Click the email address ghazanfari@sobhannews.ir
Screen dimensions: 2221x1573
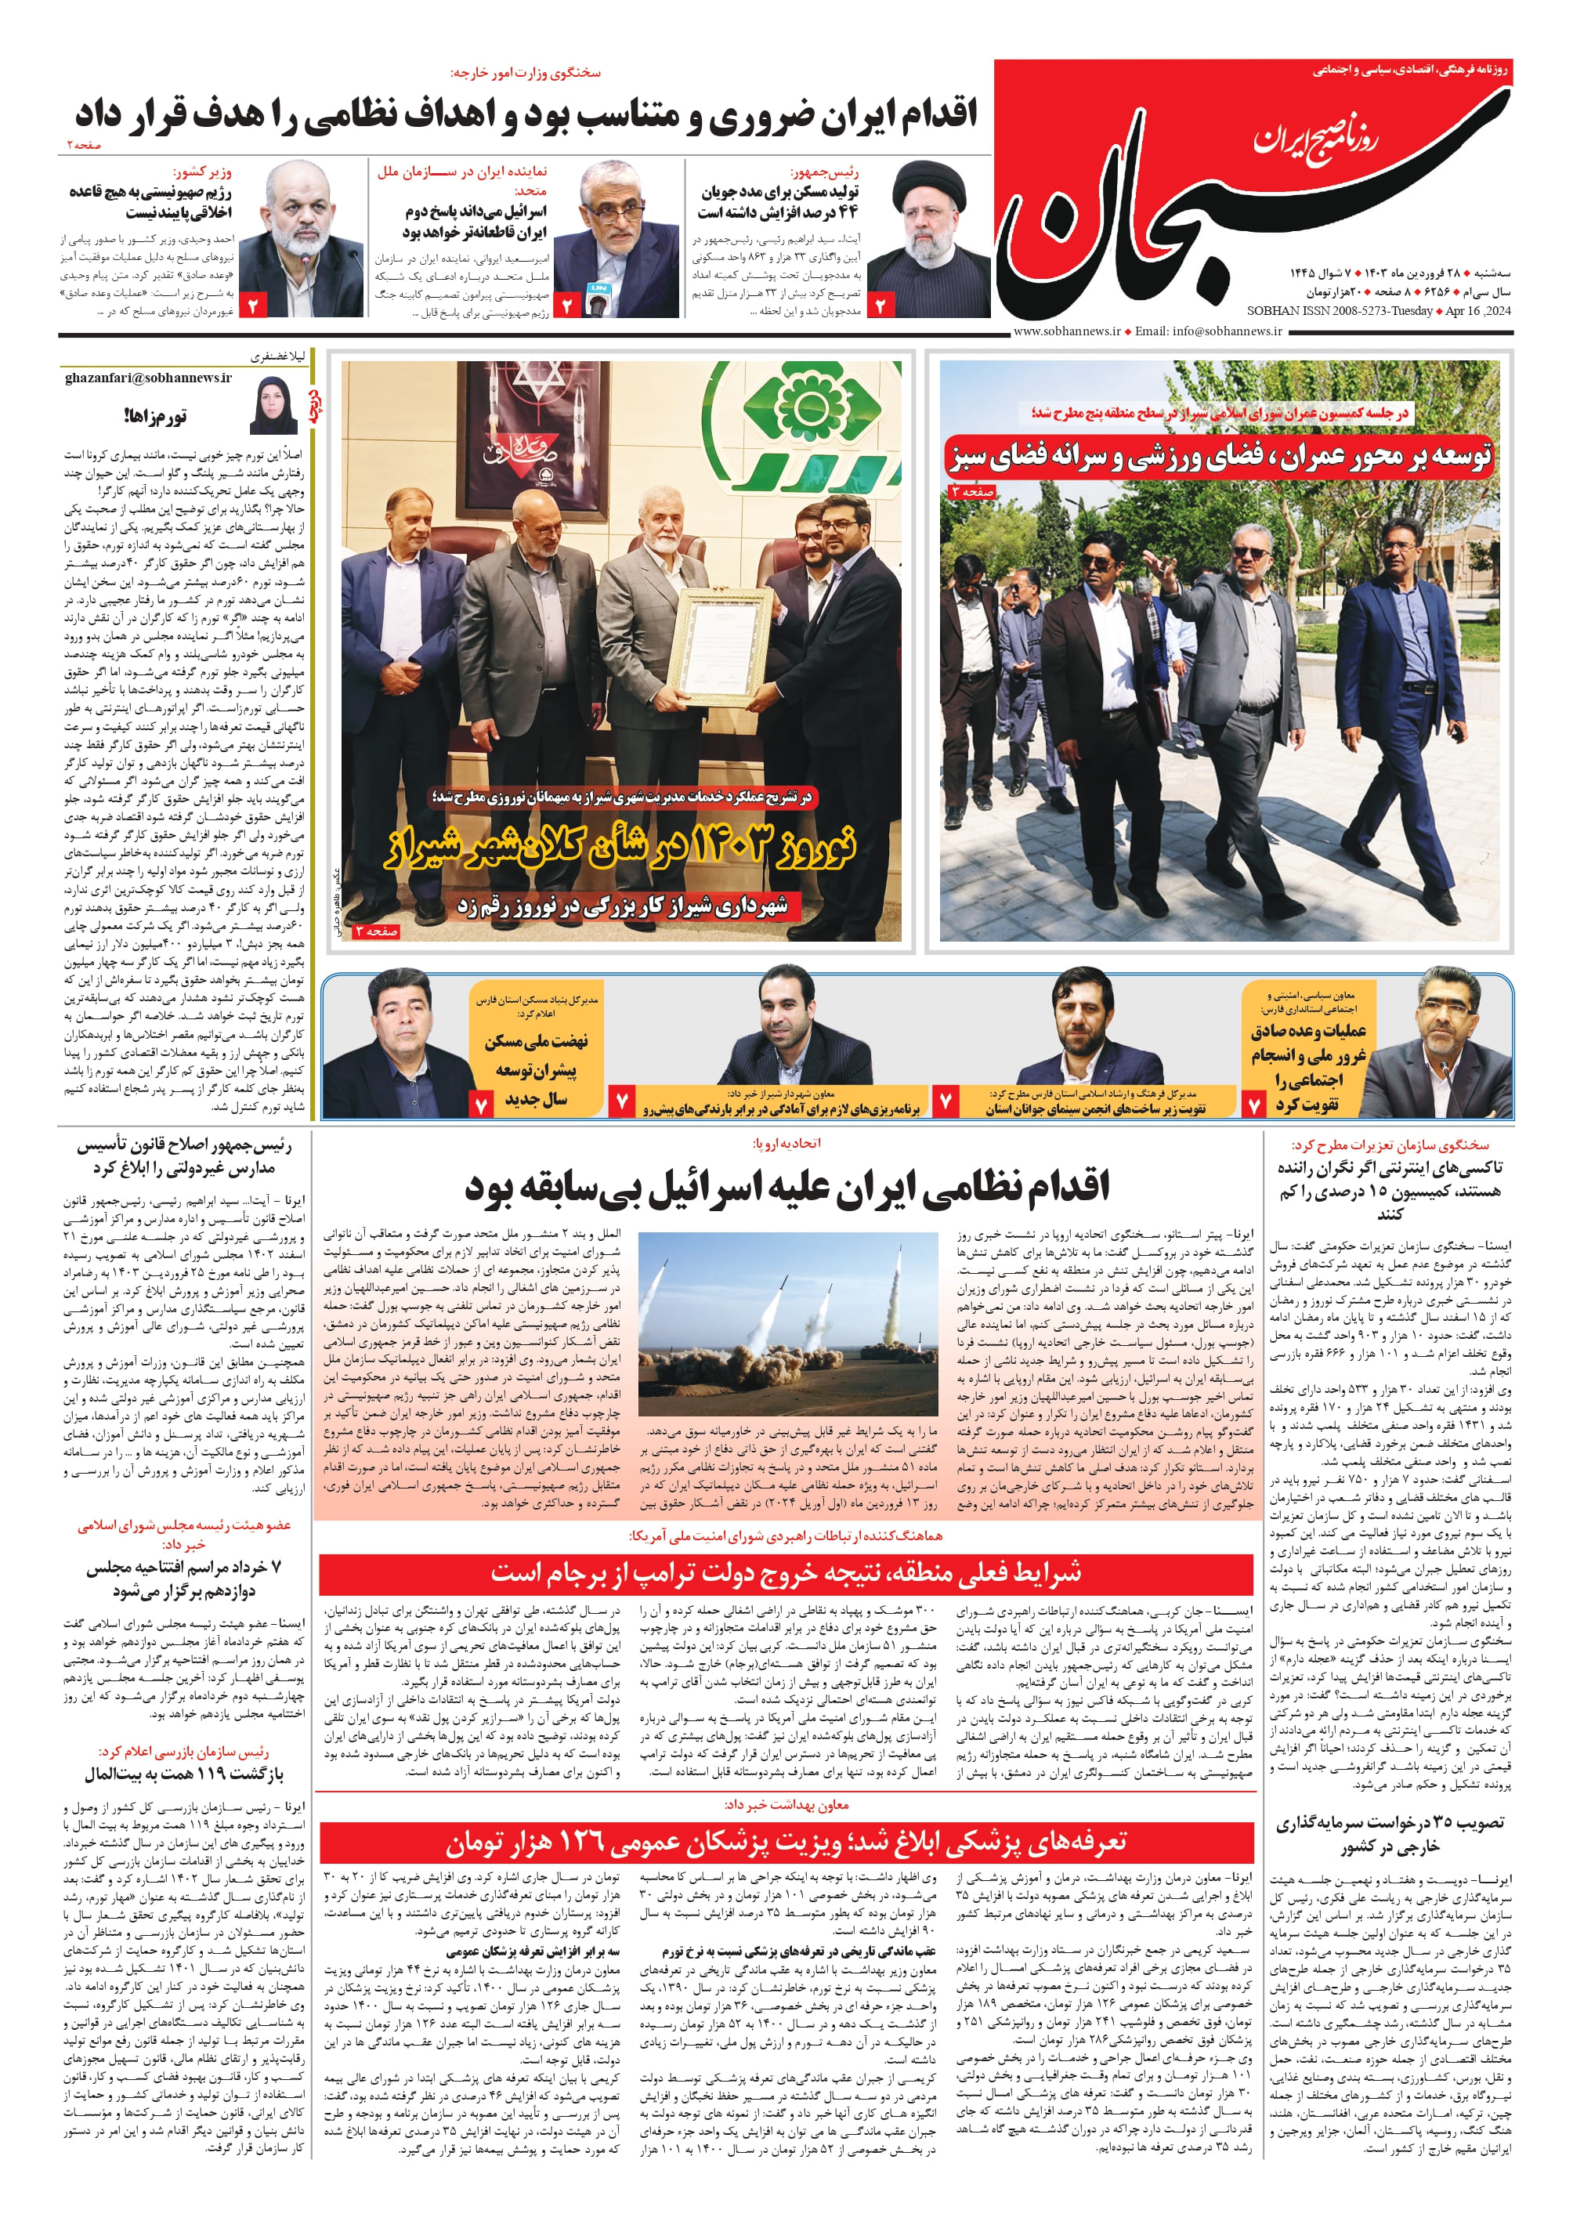tap(148, 378)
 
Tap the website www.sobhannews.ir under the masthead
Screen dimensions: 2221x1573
tap(1065, 331)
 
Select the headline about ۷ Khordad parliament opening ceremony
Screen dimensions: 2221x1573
tap(183, 1578)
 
